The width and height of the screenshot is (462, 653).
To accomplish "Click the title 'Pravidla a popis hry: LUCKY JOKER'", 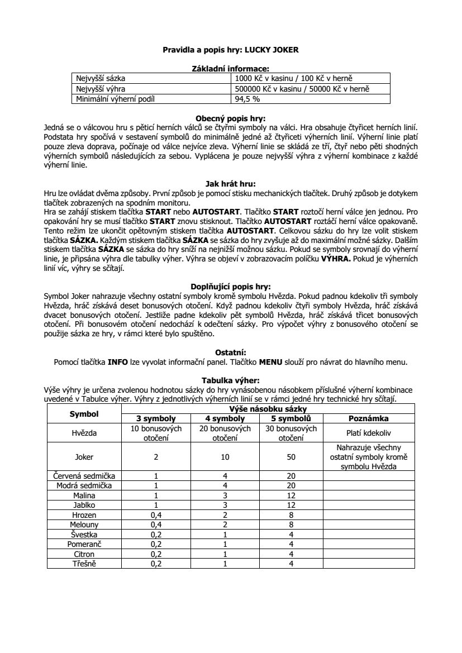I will click(231, 50).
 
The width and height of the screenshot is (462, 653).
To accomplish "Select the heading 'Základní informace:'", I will click(231, 68).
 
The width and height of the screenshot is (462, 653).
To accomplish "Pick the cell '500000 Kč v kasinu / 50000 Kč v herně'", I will click(303, 89).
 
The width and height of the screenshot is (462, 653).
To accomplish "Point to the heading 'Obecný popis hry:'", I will click(231, 118).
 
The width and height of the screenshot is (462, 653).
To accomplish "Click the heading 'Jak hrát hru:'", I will click(231, 183).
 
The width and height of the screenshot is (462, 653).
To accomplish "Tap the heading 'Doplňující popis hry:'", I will click(231, 286).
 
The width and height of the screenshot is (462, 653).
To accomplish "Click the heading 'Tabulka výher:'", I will click(231, 380).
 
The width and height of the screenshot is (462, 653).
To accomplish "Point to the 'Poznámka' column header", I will click(369, 418).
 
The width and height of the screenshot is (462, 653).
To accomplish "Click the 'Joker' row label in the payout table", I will click(84, 456).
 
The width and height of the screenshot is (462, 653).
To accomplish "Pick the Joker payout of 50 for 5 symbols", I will click(291, 456).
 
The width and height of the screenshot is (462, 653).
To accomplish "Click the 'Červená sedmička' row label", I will click(84, 475).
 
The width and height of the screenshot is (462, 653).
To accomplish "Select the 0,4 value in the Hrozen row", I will click(156, 514).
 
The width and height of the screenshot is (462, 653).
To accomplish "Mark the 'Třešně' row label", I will click(84, 564).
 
